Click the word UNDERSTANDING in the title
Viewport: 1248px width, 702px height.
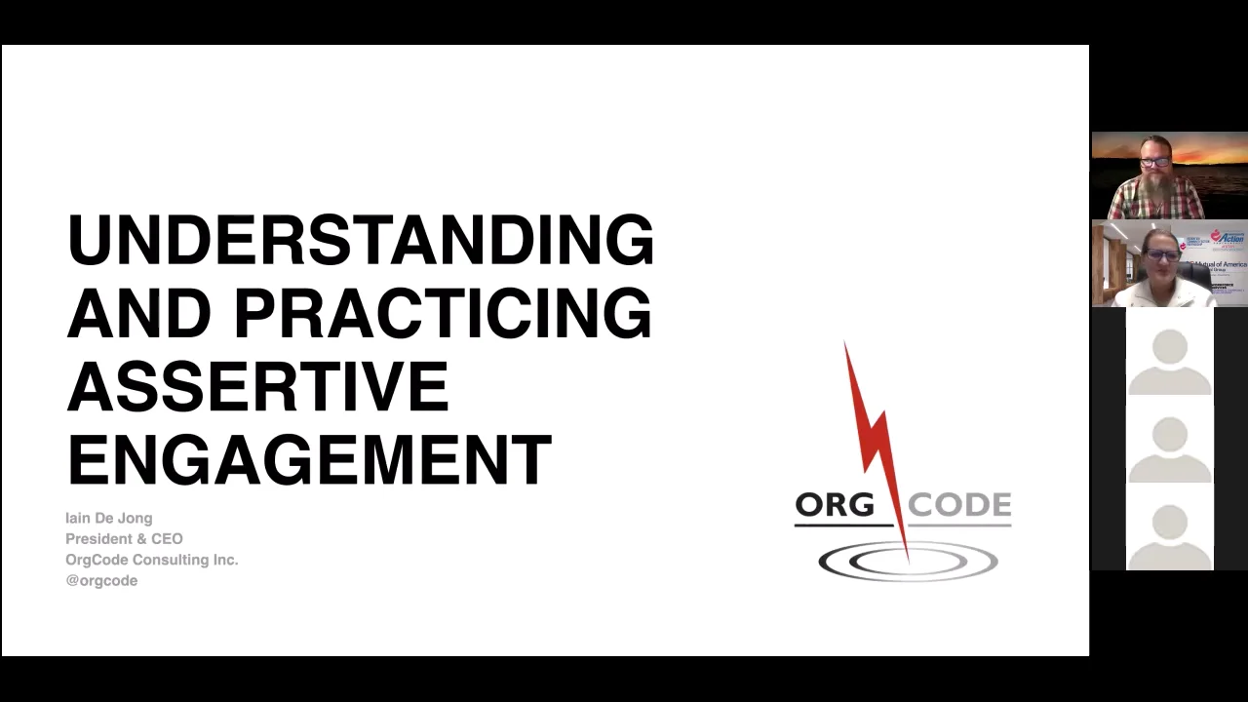click(360, 240)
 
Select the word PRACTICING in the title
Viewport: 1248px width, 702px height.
click(443, 313)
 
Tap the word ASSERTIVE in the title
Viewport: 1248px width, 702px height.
click(257, 386)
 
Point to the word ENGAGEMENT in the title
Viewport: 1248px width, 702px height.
click(309, 460)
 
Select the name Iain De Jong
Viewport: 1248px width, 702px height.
click(108, 518)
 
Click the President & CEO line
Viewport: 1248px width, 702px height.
click(124, 538)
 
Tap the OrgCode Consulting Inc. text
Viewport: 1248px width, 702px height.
click(151, 560)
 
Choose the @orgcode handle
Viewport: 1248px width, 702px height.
click(101, 580)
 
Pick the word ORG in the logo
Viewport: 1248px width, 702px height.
click(834, 505)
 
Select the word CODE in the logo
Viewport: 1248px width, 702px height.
click(959, 505)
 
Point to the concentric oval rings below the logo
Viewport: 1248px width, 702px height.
click(907, 562)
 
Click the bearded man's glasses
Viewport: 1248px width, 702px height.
click(1155, 161)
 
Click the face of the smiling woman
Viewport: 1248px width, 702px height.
click(1161, 259)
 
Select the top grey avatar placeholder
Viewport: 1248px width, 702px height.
click(1169, 362)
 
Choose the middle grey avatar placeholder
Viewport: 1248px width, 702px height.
click(1169, 449)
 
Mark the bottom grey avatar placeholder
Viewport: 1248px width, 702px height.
click(1169, 535)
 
